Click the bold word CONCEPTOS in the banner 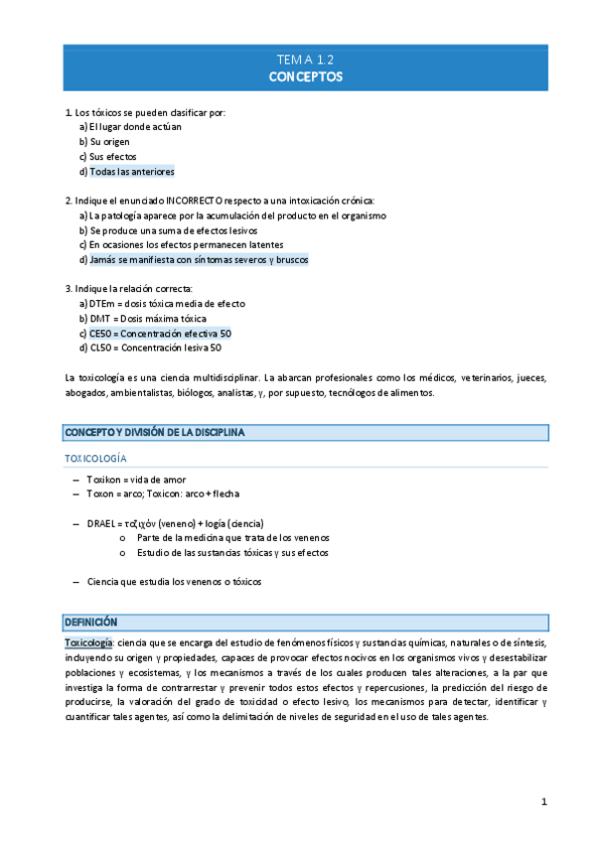305,75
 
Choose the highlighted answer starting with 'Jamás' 199,260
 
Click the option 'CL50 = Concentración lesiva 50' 155,349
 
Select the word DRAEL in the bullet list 100,523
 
